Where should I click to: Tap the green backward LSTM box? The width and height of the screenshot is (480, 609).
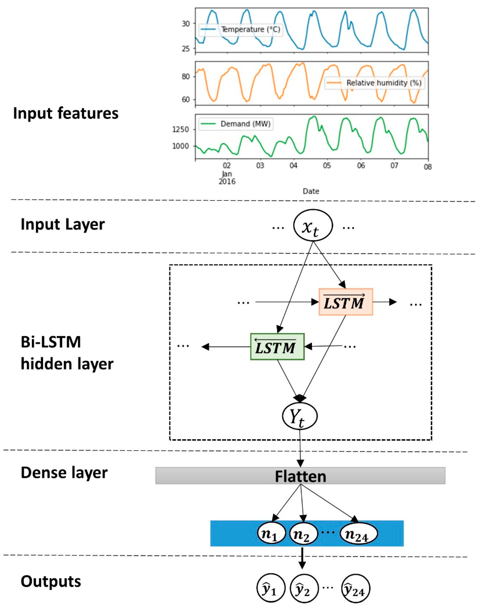(x=277, y=346)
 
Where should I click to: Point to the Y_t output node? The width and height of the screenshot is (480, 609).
(x=300, y=416)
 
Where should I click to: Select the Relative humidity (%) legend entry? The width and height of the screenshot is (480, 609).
(x=375, y=83)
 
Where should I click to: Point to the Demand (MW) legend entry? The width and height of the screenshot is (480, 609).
(x=236, y=124)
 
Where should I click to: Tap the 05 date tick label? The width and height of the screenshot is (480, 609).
(x=327, y=166)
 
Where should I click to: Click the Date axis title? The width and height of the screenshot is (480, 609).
(x=311, y=191)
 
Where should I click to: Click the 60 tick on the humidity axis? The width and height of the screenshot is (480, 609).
(x=186, y=100)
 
